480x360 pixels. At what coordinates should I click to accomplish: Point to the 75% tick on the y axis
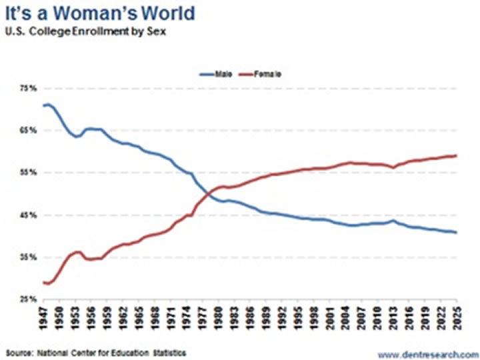click(26, 88)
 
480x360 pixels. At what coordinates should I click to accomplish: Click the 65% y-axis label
click(26, 131)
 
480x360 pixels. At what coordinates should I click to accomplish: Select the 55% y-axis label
click(26, 173)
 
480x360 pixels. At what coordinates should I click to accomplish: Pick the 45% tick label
click(26, 215)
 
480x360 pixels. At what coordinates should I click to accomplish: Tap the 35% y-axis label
click(26, 257)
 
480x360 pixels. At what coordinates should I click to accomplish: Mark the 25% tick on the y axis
click(26, 299)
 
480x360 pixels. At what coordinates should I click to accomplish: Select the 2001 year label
click(331, 320)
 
